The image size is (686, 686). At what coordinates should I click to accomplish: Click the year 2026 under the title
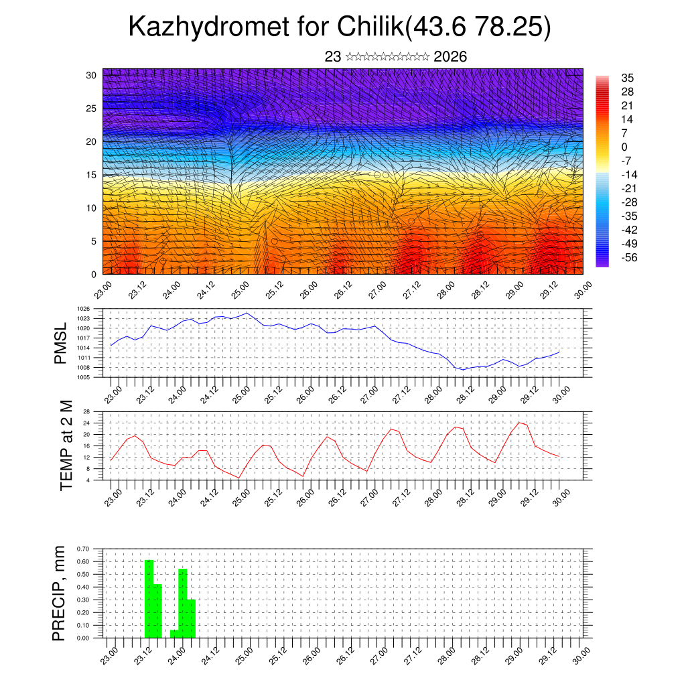pyautogui.click(x=450, y=57)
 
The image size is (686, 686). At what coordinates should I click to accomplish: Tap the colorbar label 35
pyautogui.click(x=628, y=78)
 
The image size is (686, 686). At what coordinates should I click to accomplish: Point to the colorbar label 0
pyautogui.click(x=624, y=147)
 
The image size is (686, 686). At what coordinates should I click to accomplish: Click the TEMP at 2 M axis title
pyautogui.click(x=66, y=445)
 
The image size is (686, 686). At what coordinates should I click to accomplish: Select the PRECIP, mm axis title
pyautogui.click(x=60, y=593)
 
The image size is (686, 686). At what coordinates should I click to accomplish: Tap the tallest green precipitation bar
pyautogui.click(x=149, y=598)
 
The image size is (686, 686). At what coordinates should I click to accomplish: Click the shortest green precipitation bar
pyautogui.click(x=174, y=634)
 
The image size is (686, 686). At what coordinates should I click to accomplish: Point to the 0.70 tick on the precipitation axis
pyautogui.click(x=83, y=549)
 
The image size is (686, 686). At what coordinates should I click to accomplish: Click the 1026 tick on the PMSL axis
pyautogui.click(x=84, y=309)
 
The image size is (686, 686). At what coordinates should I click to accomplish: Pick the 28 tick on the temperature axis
pyautogui.click(x=86, y=411)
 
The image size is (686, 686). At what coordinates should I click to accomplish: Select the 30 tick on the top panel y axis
pyautogui.click(x=91, y=75)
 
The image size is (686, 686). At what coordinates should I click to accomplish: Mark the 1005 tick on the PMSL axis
pyautogui.click(x=84, y=377)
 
